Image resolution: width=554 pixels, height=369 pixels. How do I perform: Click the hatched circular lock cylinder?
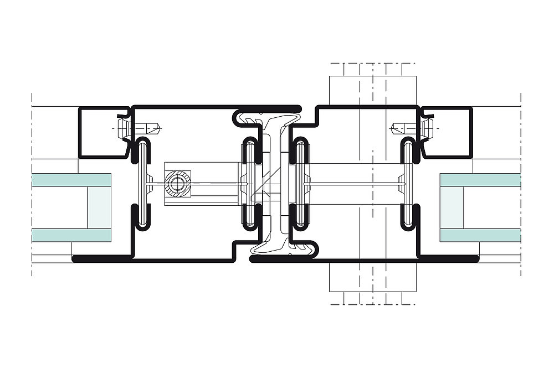point(178,183)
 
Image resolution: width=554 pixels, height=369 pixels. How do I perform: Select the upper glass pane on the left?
point(71,179)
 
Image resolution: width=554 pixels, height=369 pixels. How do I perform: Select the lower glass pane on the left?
point(71,235)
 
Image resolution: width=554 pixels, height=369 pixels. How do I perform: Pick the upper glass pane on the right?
point(480,179)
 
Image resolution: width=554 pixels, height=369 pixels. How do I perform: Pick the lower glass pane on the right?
point(480,235)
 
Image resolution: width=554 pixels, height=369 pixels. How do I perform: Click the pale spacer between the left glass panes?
point(100,207)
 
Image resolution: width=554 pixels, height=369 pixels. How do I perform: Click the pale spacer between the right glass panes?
point(452,207)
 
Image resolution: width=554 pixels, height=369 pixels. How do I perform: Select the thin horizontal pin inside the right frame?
point(355,183)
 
